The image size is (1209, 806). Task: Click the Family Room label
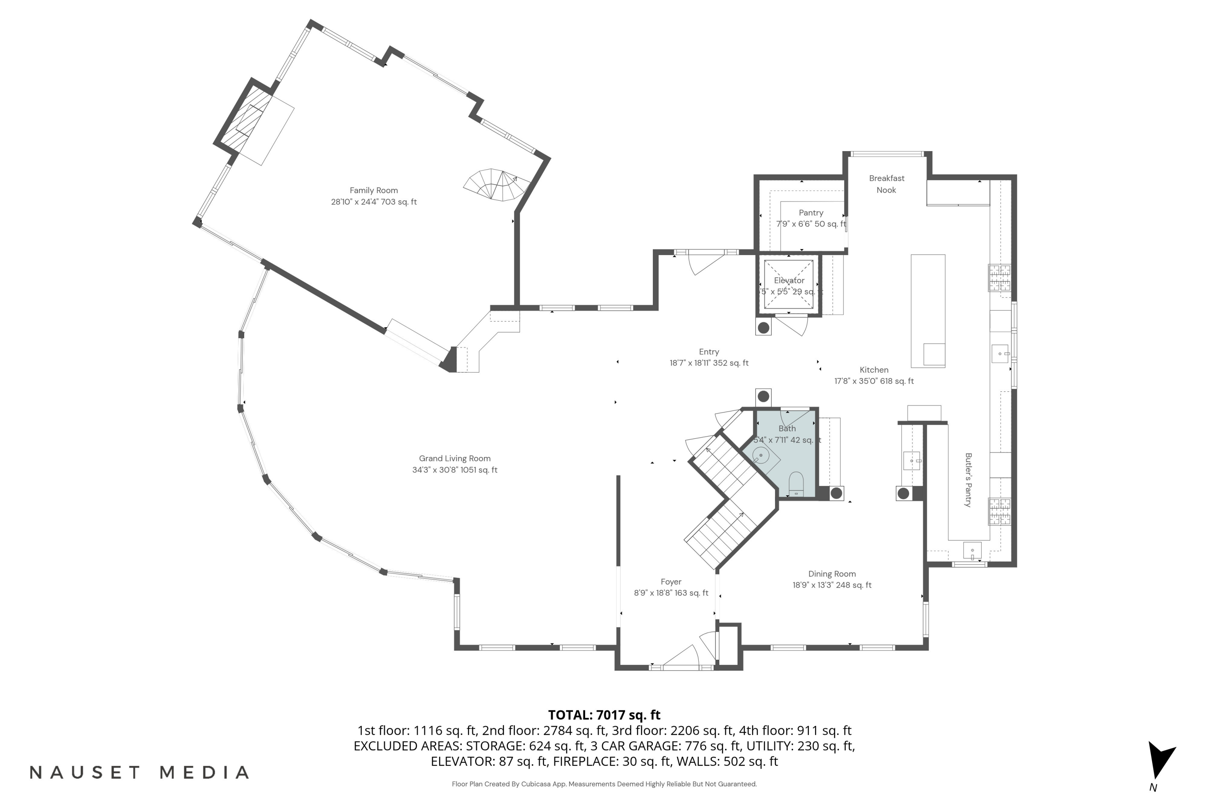click(x=374, y=190)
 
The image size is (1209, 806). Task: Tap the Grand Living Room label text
click(x=455, y=459)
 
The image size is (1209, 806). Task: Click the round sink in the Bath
click(x=761, y=455)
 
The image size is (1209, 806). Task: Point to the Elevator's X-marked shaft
click(x=789, y=284)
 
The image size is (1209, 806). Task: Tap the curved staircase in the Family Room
click(x=496, y=185)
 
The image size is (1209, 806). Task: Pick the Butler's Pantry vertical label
click(x=968, y=480)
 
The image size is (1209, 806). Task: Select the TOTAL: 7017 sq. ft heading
click(x=604, y=715)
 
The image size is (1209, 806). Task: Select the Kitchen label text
click(x=874, y=370)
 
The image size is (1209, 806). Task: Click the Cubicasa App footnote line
click(x=604, y=784)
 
